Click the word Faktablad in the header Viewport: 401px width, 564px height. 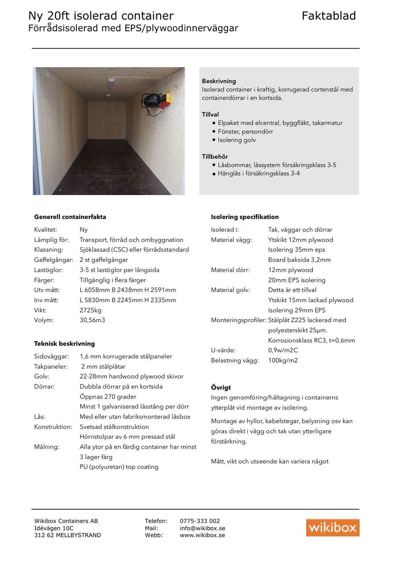tap(329, 16)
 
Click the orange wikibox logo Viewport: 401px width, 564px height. tap(332, 527)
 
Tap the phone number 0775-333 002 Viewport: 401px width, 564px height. tap(200, 521)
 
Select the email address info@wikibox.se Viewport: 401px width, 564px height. tap(203, 528)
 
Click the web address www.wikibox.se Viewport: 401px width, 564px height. tap(202, 535)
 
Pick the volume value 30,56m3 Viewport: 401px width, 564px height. tap(92, 320)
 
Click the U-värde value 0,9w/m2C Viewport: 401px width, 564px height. tap(283, 350)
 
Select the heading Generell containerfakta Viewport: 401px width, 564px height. tap(70, 217)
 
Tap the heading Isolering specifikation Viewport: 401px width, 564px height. tap(244, 217)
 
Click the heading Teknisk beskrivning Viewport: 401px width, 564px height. tap(64, 343)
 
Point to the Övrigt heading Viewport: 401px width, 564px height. tap(221, 387)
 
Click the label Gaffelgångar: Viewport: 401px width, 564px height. tap(53, 260)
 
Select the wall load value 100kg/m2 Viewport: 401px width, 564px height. tap(283, 360)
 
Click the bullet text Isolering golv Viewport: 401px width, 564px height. tap(236, 140)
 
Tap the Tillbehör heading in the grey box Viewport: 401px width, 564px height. tap(215, 157)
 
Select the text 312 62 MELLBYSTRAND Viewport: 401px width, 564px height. tap(67, 535)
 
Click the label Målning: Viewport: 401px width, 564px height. tap(46, 447)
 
